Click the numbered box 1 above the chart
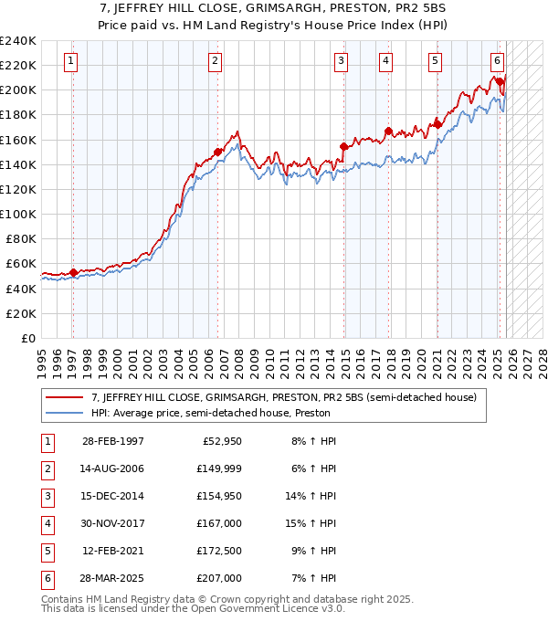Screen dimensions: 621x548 (71, 61)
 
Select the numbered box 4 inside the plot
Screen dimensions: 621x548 (386, 61)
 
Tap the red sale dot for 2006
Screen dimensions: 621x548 (217, 153)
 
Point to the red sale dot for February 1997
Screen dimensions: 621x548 (73, 272)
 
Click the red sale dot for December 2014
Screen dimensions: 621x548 (343, 146)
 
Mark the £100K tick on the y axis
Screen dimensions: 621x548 (19, 214)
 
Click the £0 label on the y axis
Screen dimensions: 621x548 (27, 338)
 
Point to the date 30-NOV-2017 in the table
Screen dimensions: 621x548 (113, 524)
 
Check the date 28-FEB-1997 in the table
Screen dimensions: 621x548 (113, 442)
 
